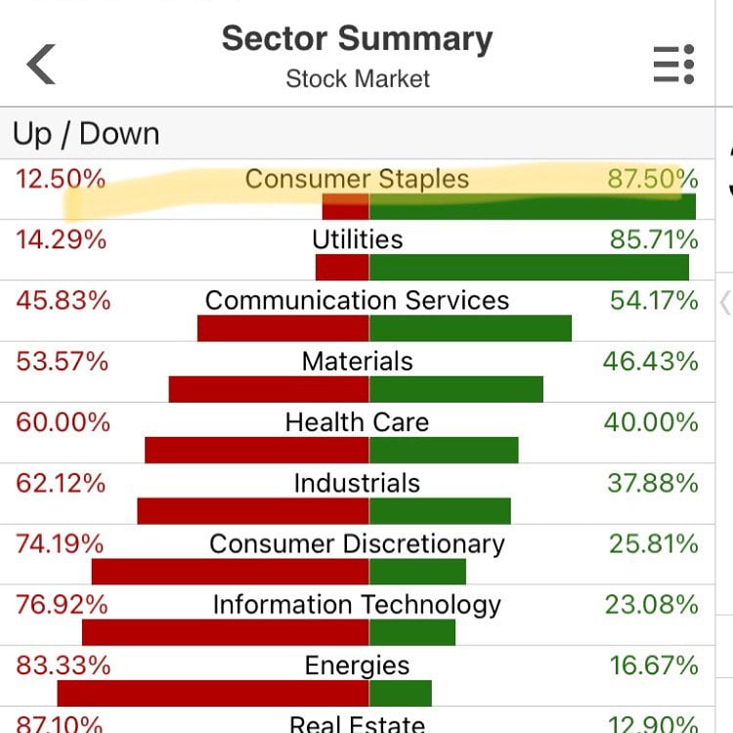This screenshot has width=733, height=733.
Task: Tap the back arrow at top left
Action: (41, 65)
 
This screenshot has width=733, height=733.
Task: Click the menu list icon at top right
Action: (673, 65)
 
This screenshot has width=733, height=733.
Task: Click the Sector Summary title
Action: (357, 39)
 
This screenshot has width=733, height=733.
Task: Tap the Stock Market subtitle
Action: (358, 79)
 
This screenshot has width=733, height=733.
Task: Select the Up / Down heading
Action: (86, 134)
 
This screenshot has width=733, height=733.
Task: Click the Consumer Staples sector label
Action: (357, 180)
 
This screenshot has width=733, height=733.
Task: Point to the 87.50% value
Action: (652, 180)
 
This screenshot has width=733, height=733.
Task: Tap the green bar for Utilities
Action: (529, 268)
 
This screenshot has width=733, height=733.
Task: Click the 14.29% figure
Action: (61, 240)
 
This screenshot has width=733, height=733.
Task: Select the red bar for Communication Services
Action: (282, 328)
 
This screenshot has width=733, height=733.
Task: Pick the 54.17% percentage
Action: (654, 301)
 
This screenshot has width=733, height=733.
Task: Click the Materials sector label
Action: (357, 362)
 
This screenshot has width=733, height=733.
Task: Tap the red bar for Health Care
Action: (256, 450)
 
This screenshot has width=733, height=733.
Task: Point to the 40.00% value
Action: (652, 423)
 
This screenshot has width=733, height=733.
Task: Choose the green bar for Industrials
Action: (440, 510)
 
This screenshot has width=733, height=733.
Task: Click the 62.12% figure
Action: (61, 484)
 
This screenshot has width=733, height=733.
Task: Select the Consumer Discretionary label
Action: (357, 544)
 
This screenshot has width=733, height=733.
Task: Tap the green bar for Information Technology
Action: (412, 632)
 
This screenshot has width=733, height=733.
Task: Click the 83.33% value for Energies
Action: (63, 666)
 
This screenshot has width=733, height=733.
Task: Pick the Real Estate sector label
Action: (357, 723)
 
